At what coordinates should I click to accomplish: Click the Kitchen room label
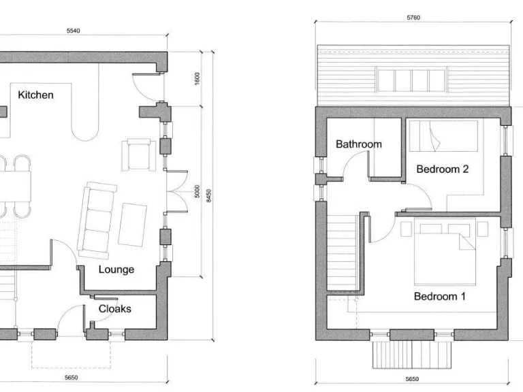pyautogui.click(x=35, y=95)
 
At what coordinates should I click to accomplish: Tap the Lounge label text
pyautogui.click(x=116, y=269)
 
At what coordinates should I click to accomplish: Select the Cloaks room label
pyautogui.click(x=115, y=308)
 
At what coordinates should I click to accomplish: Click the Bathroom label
pyautogui.click(x=358, y=144)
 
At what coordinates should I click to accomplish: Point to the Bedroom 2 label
pyautogui.click(x=442, y=169)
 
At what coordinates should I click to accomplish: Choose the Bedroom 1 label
pyautogui.click(x=439, y=296)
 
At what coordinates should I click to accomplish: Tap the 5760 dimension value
pyautogui.click(x=413, y=18)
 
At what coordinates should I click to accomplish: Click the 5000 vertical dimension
pyautogui.click(x=197, y=193)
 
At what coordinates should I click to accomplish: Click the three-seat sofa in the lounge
pyautogui.click(x=97, y=218)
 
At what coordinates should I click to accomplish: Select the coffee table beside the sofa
pyautogui.click(x=133, y=224)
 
